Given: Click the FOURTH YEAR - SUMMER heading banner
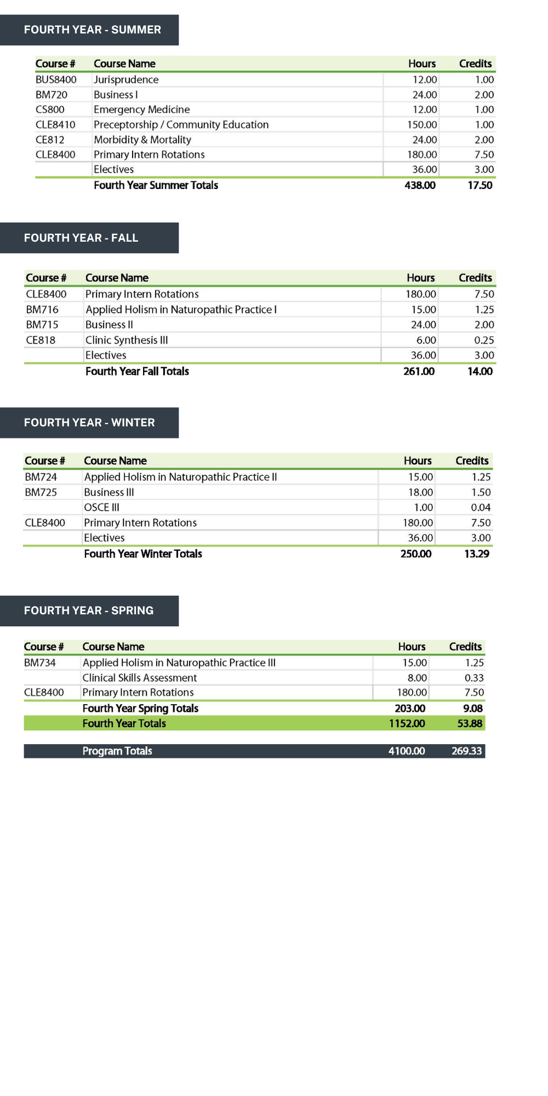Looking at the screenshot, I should point(89,30).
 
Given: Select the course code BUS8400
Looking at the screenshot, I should point(56,79).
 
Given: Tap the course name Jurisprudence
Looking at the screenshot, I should point(126,79).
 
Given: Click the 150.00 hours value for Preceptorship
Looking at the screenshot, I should point(422,124).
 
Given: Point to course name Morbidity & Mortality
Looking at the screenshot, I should point(142,140).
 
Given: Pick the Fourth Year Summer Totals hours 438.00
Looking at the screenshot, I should point(420,185).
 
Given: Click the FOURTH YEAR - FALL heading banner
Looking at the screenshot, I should point(89,238).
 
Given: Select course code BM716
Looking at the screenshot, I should point(42,310).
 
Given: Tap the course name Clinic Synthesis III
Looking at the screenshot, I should point(127,340).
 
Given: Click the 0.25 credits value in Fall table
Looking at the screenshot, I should point(484,340).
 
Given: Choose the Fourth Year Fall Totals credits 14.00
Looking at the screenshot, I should point(480,372).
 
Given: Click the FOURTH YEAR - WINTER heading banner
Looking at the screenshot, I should point(89,423).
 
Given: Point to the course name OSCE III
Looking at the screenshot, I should point(101,507).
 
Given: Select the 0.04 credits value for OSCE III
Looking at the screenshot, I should point(481,507).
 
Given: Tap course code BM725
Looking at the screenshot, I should point(41,492).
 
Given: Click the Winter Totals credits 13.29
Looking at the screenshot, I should point(476,554).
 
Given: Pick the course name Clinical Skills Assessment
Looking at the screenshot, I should point(140,678).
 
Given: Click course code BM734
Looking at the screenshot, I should point(40,663).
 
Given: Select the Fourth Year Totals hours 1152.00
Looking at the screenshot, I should point(407,723).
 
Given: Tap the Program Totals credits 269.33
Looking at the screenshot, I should point(466,751).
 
